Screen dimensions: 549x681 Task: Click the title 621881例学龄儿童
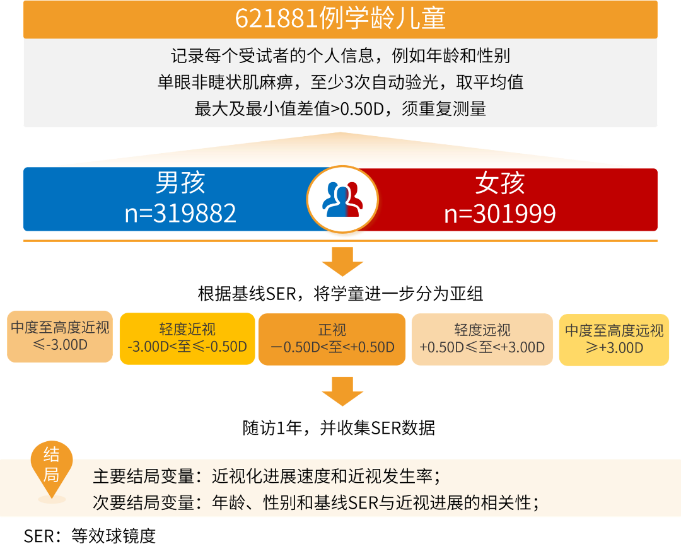[x=340, y=19]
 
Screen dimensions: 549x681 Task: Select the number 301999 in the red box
[x=513, y=214]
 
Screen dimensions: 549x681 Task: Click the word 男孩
[x=180, y=183]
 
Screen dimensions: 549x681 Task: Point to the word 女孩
[x=500, y=183]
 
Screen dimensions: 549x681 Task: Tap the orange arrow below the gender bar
[x=342, y=261]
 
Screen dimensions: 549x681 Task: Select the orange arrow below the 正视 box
[x=342, y=391]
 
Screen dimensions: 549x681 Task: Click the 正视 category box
[x=332, y=339]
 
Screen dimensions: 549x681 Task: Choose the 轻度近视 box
[x=187, y=339]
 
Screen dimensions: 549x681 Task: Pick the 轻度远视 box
[x=482, y=339]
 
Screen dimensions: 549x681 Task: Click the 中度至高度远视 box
[x=614, y=339]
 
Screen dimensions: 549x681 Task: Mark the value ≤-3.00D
[x=60, y=345]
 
